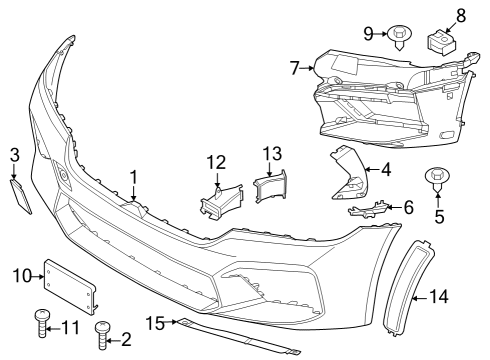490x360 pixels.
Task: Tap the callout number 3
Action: [14, 153]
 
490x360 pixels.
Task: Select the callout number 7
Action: [294, 69]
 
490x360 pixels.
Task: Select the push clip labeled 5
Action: [437, 178]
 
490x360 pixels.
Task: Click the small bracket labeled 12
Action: [220, 198]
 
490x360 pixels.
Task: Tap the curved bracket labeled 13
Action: [271, 187]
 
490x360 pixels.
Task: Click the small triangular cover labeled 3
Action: [21, 195]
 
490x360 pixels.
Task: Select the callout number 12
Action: [217, 162]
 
